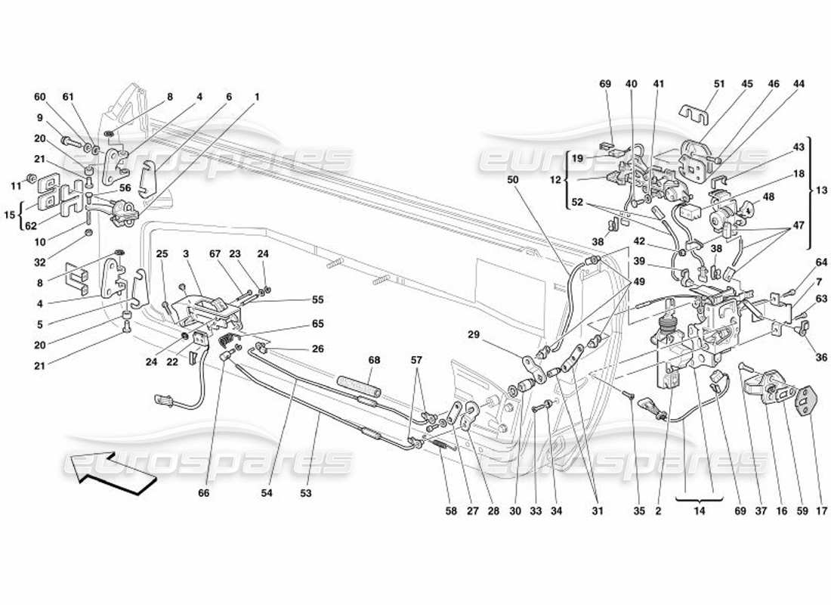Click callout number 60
tap(39, 97)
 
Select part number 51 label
tap(718, 84)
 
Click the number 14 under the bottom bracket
tap(699, 511)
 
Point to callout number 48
tap(769, 198)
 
